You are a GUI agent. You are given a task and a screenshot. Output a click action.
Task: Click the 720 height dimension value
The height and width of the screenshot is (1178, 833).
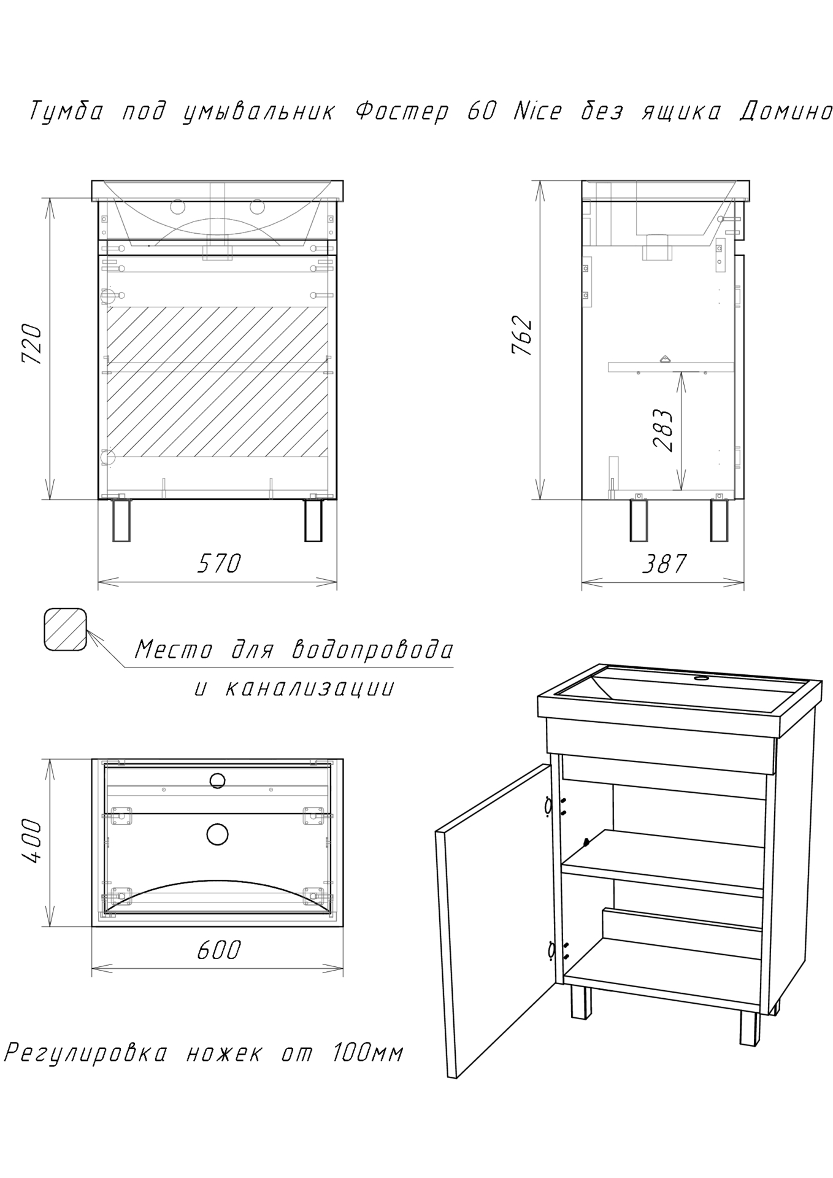click(x=32, y=345)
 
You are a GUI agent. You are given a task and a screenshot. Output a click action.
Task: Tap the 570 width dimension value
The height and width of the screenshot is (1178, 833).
click(x=219, y=563)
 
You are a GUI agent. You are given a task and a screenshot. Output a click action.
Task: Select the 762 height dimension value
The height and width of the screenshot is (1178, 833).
click(x=522, y=336)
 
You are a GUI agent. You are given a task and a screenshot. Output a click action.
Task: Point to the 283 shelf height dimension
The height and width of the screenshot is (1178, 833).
click(x=664, y=429)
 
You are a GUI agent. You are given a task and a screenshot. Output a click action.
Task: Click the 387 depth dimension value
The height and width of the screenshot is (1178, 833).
click(x=664, y=563)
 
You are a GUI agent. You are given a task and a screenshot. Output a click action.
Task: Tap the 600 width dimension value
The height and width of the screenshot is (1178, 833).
click(x=219, y=949)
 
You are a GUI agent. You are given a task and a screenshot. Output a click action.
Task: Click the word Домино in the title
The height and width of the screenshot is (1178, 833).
click(x=785, y=112)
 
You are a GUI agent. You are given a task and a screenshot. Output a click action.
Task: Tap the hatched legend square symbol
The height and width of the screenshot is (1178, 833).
click(x=65, y=629)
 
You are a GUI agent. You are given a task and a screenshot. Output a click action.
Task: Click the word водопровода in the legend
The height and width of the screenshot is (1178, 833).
click(x=372, y=649)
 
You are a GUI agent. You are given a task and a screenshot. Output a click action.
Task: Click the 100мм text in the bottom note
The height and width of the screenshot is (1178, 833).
click(x=367, y=1053)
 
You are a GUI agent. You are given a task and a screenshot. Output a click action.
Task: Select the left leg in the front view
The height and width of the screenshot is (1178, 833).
click(x=121, y=520)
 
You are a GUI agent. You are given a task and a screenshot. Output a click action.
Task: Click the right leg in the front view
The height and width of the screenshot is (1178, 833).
click(x=313, y=520)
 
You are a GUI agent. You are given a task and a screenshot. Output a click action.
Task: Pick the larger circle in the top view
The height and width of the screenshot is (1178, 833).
click(x=217, y=834)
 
